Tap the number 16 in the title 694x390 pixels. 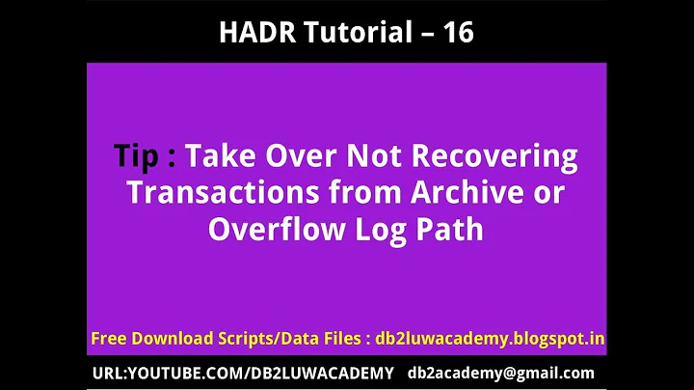pos(457,32)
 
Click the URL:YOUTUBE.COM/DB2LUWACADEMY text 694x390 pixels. pos(243,373)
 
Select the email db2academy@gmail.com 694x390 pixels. pos(501,373)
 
